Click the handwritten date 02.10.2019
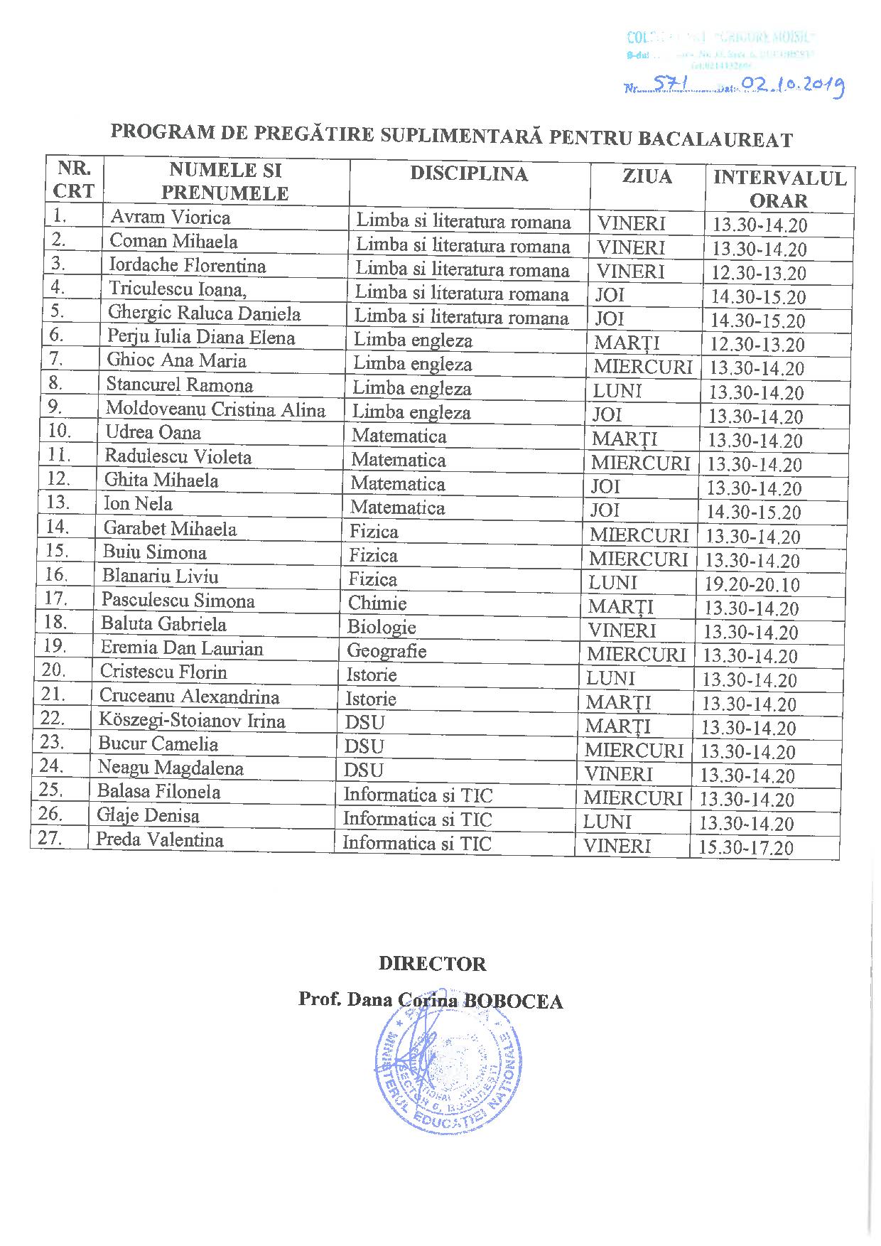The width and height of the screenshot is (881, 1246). pos(791,87)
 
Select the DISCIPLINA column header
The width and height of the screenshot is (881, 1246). pos(469,175)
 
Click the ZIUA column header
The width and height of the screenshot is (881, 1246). pos(647,176)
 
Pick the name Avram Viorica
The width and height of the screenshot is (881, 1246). pos(170,217)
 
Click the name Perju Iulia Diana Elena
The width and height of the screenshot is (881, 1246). pos(201,337)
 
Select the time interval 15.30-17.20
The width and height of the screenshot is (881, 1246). pos(746,847)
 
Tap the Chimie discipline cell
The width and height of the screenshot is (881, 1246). pos(377,603)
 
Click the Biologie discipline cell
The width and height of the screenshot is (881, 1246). pos(382,627)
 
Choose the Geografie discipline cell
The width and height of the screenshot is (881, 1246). pos(387,651)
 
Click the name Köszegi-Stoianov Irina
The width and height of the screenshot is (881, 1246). pos(192,721)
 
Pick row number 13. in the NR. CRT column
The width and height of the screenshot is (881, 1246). pos(58,503)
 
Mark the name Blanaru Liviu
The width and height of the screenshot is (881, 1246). pos(160,576)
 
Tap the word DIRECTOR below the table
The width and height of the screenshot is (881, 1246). pos(432,964)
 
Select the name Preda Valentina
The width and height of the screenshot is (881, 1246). pos(160,839)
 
